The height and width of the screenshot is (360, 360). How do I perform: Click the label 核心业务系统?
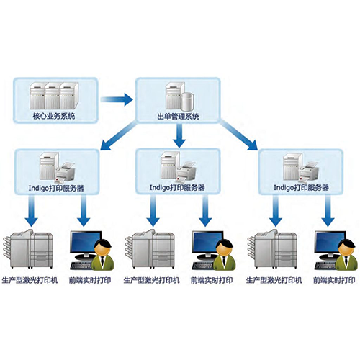54,117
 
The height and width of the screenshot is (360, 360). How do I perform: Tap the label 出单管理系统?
179,117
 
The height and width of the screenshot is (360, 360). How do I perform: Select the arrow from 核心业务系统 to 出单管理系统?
117,99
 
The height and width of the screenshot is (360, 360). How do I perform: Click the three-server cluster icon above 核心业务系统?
54,96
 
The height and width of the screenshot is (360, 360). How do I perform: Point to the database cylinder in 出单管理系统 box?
187,101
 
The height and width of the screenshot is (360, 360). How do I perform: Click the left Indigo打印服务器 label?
56,188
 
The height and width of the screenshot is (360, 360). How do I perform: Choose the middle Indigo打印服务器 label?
177,187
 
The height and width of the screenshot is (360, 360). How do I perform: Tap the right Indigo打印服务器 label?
301,187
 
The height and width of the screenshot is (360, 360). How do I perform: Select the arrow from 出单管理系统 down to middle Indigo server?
179,135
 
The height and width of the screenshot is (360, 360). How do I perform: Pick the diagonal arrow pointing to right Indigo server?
238,135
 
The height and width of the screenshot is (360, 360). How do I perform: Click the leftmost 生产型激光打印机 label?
30,280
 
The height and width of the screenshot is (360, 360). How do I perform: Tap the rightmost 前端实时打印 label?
334,280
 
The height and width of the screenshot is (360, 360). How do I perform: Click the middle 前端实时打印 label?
212,280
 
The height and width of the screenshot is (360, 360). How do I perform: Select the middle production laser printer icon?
149,249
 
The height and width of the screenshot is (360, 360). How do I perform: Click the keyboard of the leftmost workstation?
81,265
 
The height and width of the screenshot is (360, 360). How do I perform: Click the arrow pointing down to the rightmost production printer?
276,211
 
